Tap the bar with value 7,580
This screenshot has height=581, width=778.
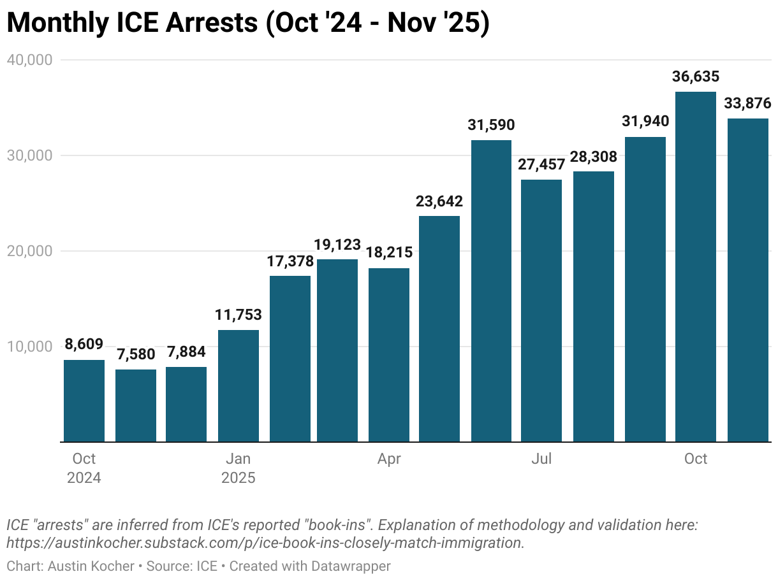[136, 405]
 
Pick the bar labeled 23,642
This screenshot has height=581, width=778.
[439, 328]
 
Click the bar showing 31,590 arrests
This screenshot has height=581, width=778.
[491, 290]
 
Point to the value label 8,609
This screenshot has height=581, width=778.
[84, 345]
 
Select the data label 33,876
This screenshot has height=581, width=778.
[747, 103]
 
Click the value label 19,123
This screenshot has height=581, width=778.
[337, 245]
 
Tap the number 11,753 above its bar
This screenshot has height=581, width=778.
[239, 315]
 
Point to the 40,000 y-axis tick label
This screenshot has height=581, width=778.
[29, 60]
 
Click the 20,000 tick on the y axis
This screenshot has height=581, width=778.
[29, 251]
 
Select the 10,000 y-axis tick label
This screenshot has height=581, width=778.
[29, 347]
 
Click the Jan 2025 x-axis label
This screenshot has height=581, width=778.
[239, 468]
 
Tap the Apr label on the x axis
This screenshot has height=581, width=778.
[389, 459]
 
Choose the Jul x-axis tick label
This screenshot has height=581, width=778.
[541, 459]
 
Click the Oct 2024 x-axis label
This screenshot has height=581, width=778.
[84, 468]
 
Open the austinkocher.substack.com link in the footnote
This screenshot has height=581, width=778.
[265, 543]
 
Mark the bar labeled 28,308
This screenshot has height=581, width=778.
[593, 306]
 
